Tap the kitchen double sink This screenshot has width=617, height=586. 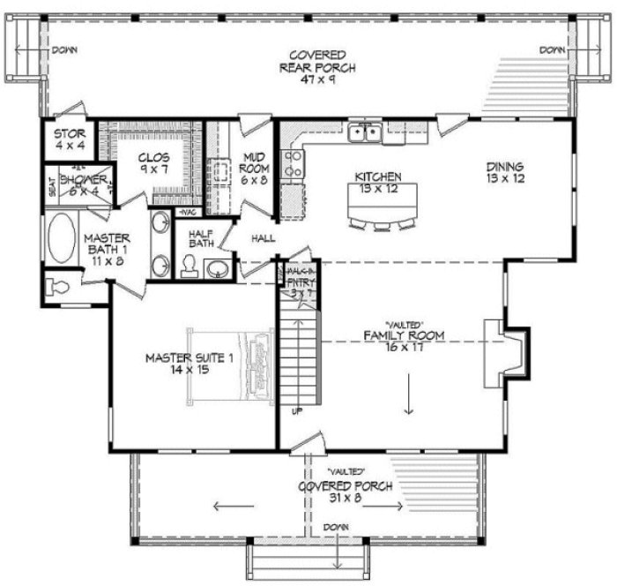click(363, 133)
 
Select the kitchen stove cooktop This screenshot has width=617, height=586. click(293, 162)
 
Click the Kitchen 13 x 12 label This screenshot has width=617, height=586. click(378, 182)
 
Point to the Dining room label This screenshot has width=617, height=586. click(505, 172)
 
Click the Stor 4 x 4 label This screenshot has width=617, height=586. click(69, 140)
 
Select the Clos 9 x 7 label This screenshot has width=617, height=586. click(155, 164)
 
